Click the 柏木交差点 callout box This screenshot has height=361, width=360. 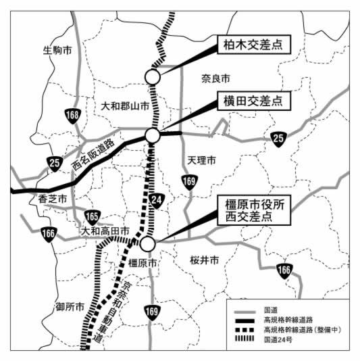click(254, 45)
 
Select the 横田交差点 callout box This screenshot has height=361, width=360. click(254, 101)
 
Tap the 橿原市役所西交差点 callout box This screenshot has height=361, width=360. click(254, 210)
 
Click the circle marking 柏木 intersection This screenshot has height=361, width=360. click(153, 77)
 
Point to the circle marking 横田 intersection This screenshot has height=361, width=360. click(153, 135)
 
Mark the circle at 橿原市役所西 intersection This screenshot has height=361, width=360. click(148, 244)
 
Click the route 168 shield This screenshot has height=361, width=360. click(72, 116)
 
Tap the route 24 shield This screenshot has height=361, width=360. click(157, 200)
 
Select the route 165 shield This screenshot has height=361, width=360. click(93, 217)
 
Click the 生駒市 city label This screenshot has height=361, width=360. click(57, 50)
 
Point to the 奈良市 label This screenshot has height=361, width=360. click(215, 78)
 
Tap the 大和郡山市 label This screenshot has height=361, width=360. click(125, 106)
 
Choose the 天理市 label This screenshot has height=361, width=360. click(201, 160)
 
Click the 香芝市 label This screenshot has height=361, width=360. click(53, 199)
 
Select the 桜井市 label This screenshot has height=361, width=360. click(204, 260)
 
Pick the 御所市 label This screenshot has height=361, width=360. click(70, 307)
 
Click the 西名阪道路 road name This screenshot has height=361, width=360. click(93, 155)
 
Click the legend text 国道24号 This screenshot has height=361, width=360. click(278, 339)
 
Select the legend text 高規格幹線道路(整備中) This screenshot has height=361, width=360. click(303, 330)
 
